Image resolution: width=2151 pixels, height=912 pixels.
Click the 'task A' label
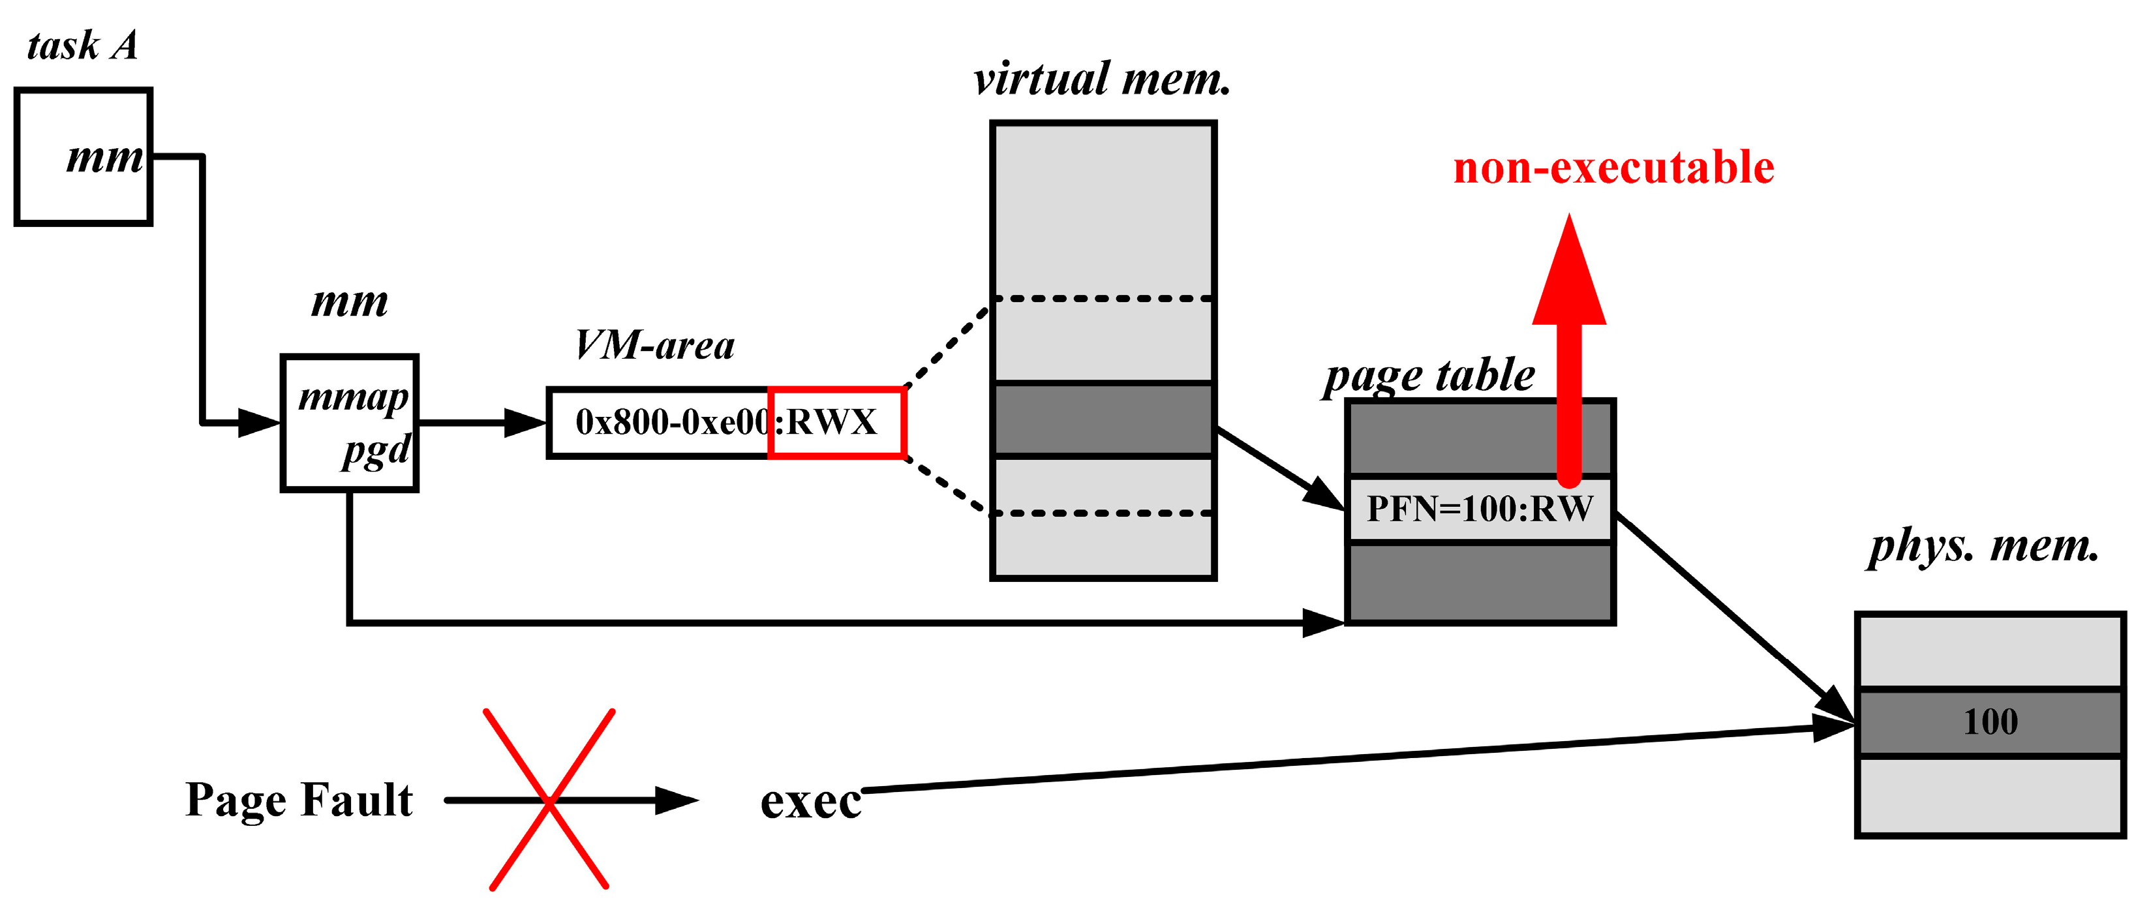click(82, 45)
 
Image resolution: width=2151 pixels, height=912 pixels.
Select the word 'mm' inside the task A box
click(105, 157)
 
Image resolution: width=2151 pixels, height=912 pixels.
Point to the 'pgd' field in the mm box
click(376, 451)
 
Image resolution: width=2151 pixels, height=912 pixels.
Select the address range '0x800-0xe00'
click(672, 423)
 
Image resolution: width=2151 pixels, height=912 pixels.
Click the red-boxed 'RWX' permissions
click(835, 423)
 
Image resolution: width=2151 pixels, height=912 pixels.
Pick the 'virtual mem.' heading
click(1102, 80)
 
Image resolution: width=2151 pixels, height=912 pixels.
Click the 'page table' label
click(1429, 375)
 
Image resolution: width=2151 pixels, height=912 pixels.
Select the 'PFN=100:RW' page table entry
click(1480, 509)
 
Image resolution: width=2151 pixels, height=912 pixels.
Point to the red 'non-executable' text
click(1613, 167)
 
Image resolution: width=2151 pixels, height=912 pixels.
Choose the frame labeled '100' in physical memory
click(1990, 722)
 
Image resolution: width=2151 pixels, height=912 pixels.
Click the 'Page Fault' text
click(299, 800)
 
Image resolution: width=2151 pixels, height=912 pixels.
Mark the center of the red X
click(549, 800)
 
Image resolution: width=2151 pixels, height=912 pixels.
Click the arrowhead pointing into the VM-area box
click(526, 423)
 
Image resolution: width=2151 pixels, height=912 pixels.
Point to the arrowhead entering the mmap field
click(260, 423)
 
